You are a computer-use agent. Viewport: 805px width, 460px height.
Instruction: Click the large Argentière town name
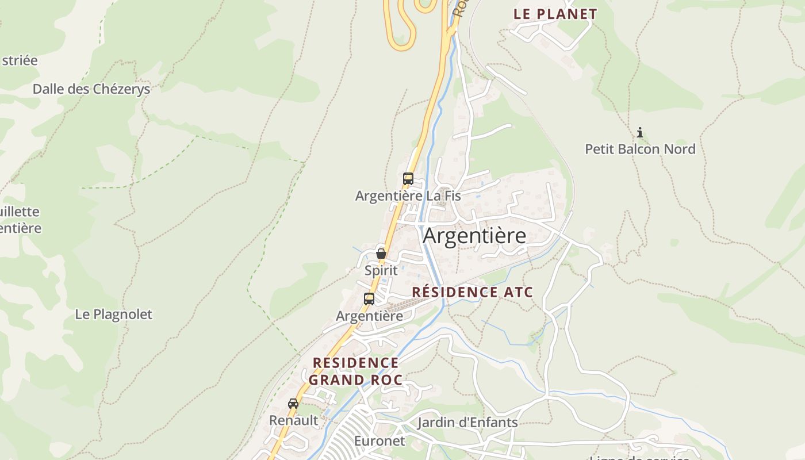click(x=474, y=236)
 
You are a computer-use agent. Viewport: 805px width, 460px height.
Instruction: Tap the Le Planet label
click(x=555, y=14)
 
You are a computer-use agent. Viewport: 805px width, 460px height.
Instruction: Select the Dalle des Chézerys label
click(x=91, y=89)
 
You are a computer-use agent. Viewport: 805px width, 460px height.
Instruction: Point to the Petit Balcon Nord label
click(x=640, y=149)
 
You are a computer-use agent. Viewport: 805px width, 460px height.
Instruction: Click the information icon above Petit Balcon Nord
click(x=639, y=133)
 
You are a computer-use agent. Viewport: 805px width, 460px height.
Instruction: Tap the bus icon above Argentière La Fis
click(x=408, y=179)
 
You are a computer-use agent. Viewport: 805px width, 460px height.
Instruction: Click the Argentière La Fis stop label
click(x=408, y=195)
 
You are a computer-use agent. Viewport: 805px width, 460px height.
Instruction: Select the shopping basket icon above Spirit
click(x=381, y=253)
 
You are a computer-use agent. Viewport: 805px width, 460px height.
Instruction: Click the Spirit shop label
click(x=381, y=270)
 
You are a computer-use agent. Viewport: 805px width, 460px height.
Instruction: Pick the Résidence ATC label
click(x=473, y=292)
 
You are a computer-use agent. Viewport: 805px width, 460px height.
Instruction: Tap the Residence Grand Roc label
click(x=355, y=371)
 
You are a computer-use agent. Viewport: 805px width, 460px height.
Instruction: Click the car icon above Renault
click(x=293, y=403)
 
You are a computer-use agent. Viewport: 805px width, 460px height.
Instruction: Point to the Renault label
click(x=293, y=420)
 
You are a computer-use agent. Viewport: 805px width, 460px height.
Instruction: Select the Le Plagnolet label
click(x=114, y=315)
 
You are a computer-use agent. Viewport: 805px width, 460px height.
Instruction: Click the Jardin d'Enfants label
click(x=467, y=423)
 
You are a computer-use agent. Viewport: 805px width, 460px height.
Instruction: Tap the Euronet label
click(x=379, y=441)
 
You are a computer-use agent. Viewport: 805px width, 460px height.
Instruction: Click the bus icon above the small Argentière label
click(x=369, y=299)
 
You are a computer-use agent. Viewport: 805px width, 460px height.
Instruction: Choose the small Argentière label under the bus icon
click(x=369, y=316)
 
